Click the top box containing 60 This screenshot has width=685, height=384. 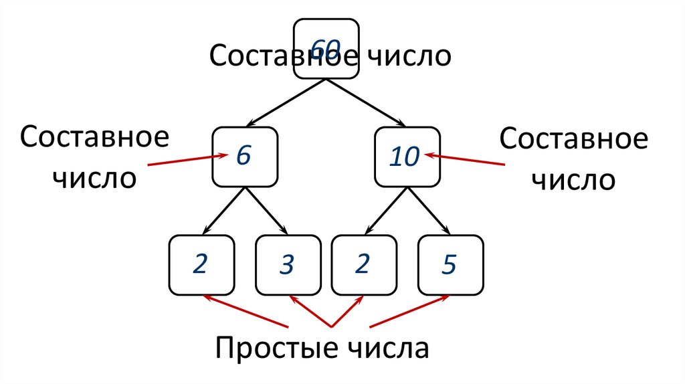point(326,48)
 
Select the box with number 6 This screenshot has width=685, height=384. point(245,157)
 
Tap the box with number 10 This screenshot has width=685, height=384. point(407,157)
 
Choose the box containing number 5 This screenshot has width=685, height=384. point(449,265)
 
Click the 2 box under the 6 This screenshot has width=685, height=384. point(201,265)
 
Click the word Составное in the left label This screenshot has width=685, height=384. point(94,139)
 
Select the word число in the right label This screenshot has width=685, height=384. point(573,181)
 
